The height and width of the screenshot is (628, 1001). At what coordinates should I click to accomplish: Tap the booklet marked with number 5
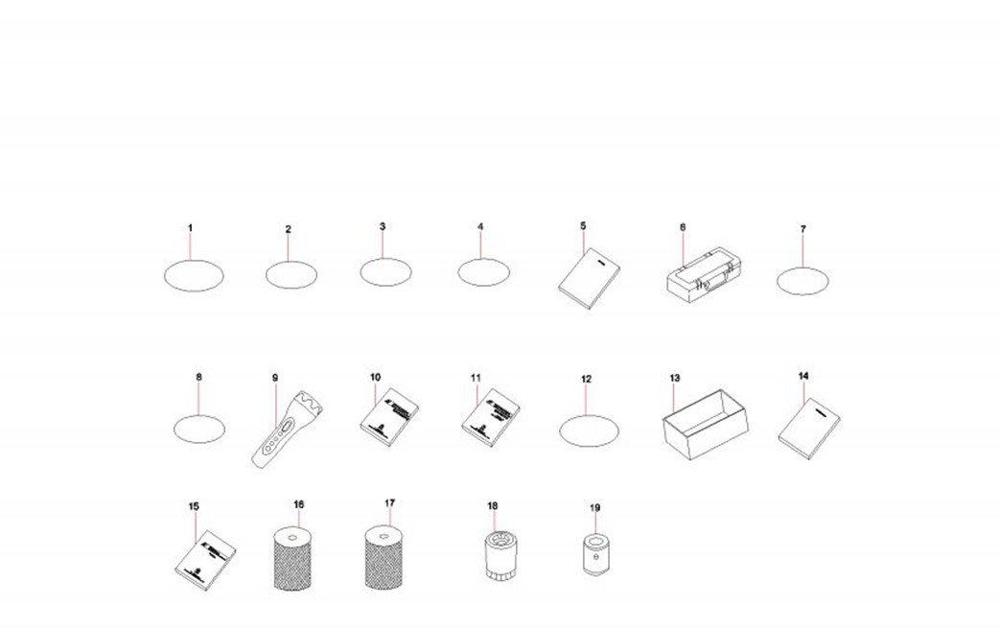point(590,278)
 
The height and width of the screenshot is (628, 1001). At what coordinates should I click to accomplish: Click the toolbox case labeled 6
point(700,276)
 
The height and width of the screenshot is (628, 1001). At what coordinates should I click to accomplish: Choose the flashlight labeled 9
point(287,429)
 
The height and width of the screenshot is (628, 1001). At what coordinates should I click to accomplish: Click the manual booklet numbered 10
point(389,417)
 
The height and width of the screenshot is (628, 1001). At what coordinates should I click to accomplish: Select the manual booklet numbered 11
point(490,417)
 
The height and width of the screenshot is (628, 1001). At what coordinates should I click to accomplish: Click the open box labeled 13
point(705,424)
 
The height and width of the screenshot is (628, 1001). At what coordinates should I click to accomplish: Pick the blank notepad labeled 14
point(809,429)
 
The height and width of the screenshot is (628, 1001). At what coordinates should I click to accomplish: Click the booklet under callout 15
point(204,560)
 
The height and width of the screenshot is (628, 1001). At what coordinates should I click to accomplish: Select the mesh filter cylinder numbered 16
point(292,558)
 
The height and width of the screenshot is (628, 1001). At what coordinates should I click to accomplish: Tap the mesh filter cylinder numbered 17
point(384,557)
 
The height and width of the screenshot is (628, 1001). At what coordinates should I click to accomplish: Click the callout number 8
point(199,377)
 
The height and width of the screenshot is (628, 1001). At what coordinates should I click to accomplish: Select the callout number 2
point(288,229)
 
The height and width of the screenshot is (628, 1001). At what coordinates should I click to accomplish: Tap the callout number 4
point(480,226)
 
